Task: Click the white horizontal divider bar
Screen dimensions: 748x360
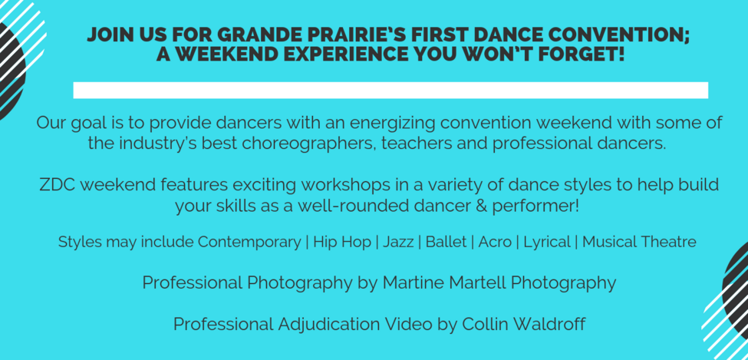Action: click(390, 91)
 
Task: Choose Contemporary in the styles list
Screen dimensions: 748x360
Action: click(249, 243)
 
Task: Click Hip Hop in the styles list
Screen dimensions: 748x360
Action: click(341, 243)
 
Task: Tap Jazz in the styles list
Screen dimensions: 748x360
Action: click(398, 242)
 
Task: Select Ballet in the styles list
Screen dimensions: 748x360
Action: click(446, 242)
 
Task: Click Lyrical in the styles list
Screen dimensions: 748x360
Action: click(547, 243)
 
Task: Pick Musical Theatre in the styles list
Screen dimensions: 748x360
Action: click(639, 242)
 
